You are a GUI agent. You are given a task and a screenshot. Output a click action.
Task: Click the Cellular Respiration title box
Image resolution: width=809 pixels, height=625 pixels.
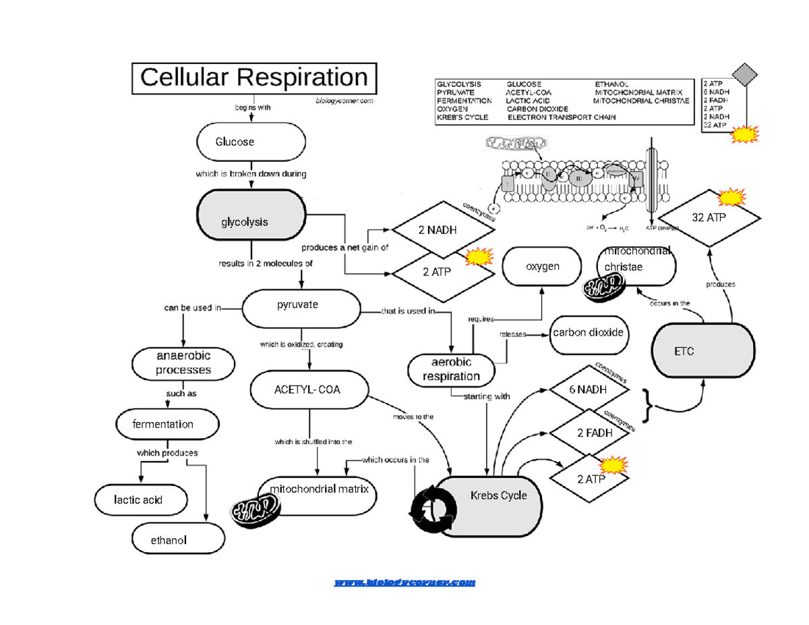(x=254, y=78)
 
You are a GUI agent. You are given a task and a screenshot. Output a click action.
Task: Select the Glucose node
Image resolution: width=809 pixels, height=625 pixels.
(x=251, y=142)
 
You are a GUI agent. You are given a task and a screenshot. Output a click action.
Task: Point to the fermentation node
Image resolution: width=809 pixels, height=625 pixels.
(x=168, y=424)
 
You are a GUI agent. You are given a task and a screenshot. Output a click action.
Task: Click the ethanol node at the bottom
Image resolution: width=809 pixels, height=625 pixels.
(x=178, y=540)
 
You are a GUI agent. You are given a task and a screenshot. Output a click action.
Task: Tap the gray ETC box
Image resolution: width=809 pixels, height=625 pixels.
(x=702, y=352)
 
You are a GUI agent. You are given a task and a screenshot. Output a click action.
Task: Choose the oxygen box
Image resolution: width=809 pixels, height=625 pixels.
(x=543, y=267)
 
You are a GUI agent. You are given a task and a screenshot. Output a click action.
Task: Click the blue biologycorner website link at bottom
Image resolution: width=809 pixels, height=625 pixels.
(x=405, y=582)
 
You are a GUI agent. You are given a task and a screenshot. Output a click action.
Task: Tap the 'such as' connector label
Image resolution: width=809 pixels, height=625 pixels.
(x=181, y=394)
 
